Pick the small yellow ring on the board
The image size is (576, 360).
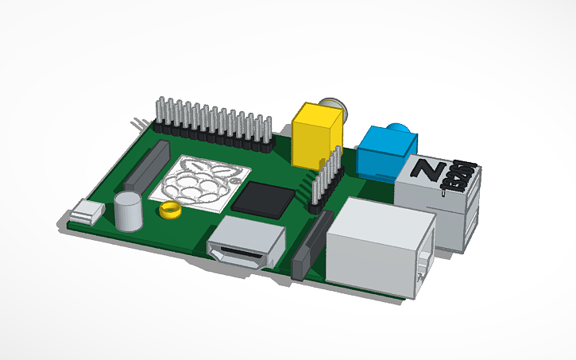(169, 211)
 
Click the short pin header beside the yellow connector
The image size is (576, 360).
(326, 179)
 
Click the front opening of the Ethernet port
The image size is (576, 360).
(426, 262)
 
